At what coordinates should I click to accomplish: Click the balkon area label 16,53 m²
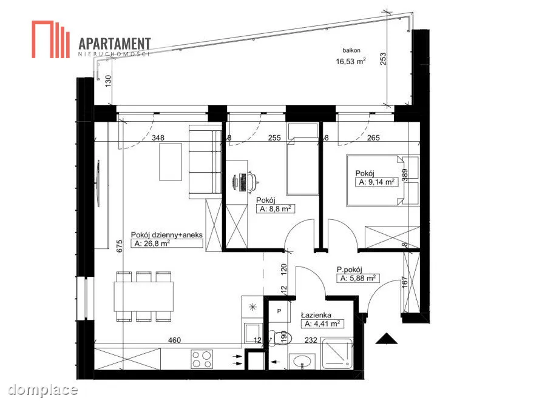(351, 61)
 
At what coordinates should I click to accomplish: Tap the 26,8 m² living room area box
(167, 244)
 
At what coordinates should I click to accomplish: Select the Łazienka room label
(316, 315)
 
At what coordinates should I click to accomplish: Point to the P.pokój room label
(350, 270)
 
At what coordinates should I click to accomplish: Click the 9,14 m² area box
(377, 182)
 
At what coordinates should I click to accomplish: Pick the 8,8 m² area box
(276, 209)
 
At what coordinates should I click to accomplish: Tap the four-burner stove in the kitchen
(202, 359)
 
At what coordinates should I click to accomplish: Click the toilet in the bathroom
(280, 337)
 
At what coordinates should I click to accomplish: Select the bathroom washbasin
(302, 362)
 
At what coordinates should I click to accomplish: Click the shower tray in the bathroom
(337, 354)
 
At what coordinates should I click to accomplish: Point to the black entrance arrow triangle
(387, 339)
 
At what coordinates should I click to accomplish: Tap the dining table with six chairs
(144, 296)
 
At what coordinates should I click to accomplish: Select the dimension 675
(120, 247)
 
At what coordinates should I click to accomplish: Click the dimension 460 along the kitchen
(174, 340)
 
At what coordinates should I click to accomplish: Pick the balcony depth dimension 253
(383, 59)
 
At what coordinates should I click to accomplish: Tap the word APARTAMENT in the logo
(115, 44)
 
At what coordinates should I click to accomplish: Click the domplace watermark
(43, 389)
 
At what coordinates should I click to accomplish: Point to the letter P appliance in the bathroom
(279, 311)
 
